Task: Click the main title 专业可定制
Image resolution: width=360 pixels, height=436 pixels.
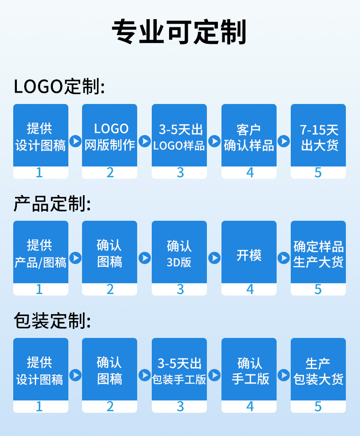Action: point(180,32)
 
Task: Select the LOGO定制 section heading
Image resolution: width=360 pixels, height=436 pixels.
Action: point(59,86)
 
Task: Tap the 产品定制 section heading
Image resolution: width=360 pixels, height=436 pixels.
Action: point(52,204)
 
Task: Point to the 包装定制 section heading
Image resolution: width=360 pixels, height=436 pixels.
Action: point(52,321)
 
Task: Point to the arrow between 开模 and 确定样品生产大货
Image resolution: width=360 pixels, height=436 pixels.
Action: point(283,258)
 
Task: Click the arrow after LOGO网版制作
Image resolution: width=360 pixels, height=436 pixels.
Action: point(144,141)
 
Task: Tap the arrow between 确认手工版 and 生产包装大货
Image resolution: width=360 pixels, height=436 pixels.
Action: point(283,375)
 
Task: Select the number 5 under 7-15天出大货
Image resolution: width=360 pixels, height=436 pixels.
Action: point(318,172)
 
